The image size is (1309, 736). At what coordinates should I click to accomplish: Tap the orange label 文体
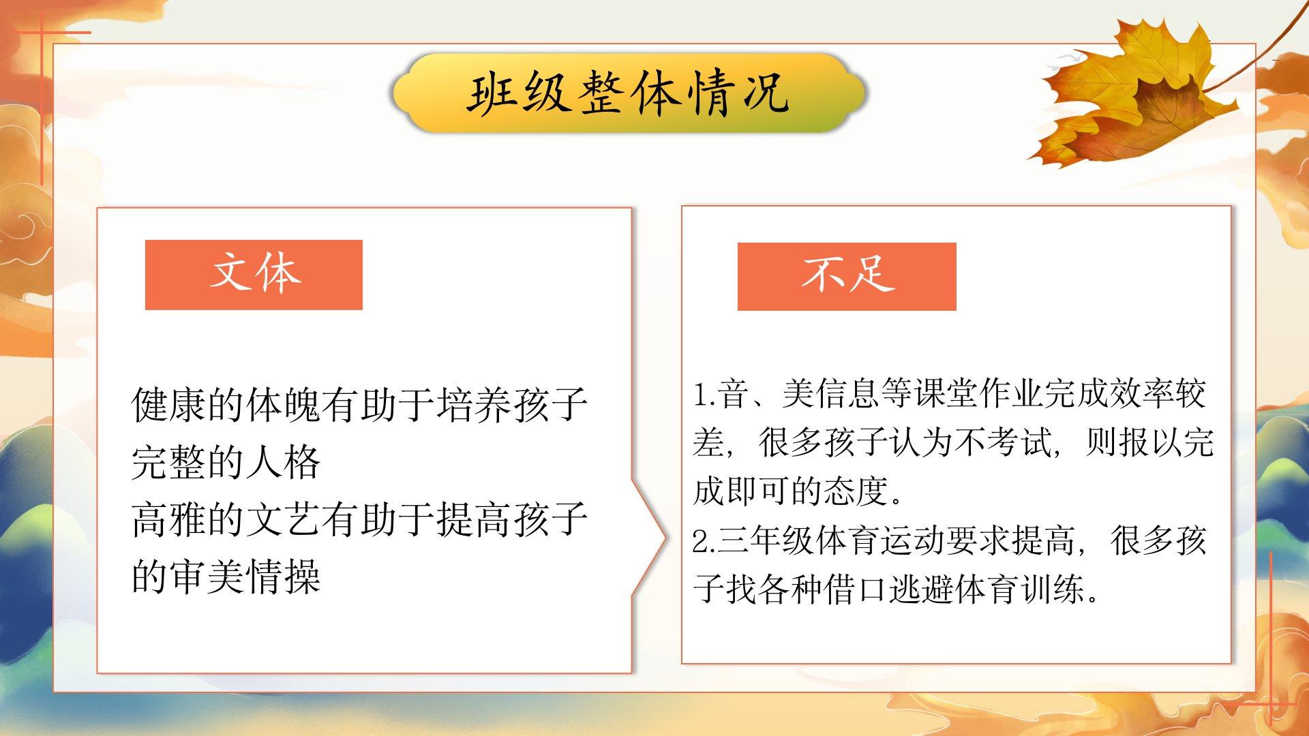254,275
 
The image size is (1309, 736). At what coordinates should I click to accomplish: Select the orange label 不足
847,276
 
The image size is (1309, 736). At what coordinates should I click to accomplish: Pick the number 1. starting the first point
704,395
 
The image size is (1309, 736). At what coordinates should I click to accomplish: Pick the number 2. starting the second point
704,541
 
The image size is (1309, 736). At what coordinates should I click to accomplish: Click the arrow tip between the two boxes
665,538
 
